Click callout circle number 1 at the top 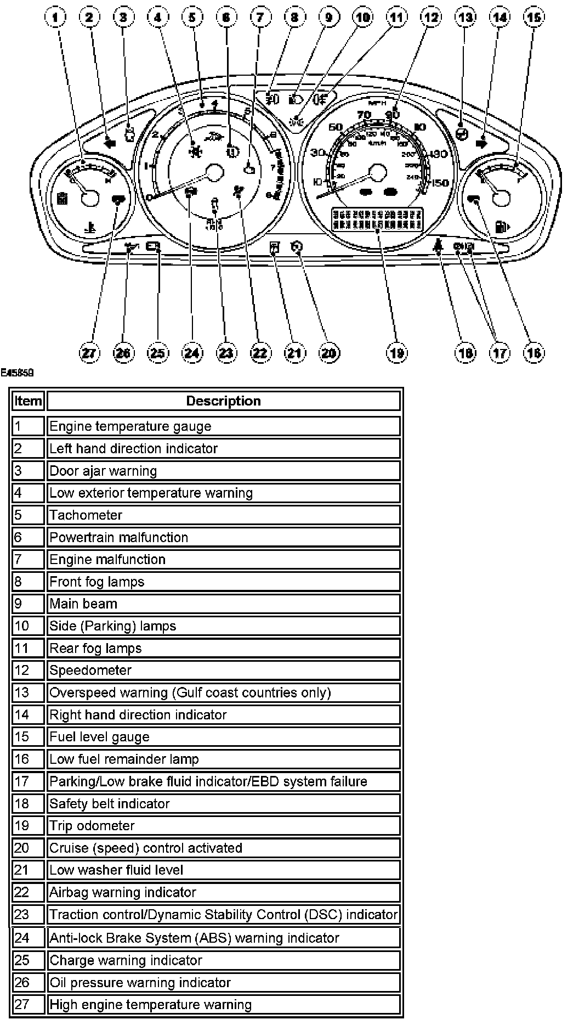pyautogui.click(x=55, y=18)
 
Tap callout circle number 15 pyautogui.click(x=533, y=18)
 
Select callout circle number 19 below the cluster pyautogui.click(x=396, y=353)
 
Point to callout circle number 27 pyautogui.click(x=89, y=353)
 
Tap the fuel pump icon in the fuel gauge pyautogui.click(x=502, y=226)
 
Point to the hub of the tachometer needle pyautogui.click(x=214, y=173)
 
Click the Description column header pyautogui.click(x=223, y=401)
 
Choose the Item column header pyautogui.click(x=28, y=401)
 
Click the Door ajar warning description pyautogui.click(x=103, y=471)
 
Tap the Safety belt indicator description pyautogui.click(x=110, y=804)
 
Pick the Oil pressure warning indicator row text pyautogui.click(x=140, y=983)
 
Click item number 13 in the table pyautogui.click(x=22, y=693)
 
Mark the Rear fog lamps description pyautogui.click(x=95, y=649)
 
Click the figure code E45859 pyautogui.click(x=18, y=373)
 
